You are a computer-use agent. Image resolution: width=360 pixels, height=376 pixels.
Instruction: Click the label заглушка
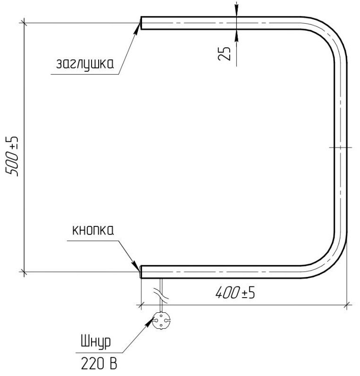[85, 64]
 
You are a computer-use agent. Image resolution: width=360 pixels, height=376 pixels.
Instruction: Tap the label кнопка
[93, 230]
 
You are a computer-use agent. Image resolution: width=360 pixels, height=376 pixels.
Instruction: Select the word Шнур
[96, 342]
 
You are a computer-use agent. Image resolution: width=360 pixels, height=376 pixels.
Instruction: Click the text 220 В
[99, 364]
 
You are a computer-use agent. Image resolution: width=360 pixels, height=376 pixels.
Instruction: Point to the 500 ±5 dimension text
[12, 156]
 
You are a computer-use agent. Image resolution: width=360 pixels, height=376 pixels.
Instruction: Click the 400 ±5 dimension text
[235, 293]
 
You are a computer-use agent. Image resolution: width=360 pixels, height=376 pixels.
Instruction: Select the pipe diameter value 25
[224, 53]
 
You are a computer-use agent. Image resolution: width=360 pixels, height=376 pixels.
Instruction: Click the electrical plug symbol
[161, 321]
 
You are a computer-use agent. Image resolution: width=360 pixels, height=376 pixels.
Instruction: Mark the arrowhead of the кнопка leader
[136, 265]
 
